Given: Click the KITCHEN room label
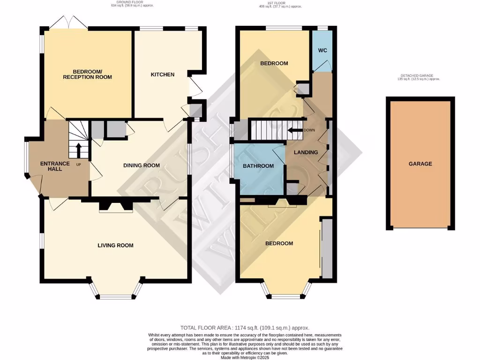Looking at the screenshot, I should (x=162, y=75).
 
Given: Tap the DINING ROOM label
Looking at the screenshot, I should (x=141, y=165).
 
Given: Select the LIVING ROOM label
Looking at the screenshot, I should (x=115, y=245).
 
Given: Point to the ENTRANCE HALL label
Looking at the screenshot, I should (x=55, y=166).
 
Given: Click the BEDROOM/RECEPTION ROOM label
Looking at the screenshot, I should (x=87, y=74).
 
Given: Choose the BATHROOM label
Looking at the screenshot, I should (x=258, y=166).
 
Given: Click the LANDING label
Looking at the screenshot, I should (x=306, y=152).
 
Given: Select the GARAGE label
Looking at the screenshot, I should (x=420, y=164).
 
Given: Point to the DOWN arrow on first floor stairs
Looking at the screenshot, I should (x=295, y=130).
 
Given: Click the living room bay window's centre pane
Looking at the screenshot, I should (x=115, y=296).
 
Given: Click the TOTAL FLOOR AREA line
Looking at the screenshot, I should (x=245, y=328).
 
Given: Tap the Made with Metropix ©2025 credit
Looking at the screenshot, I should (x=245, y=357).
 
